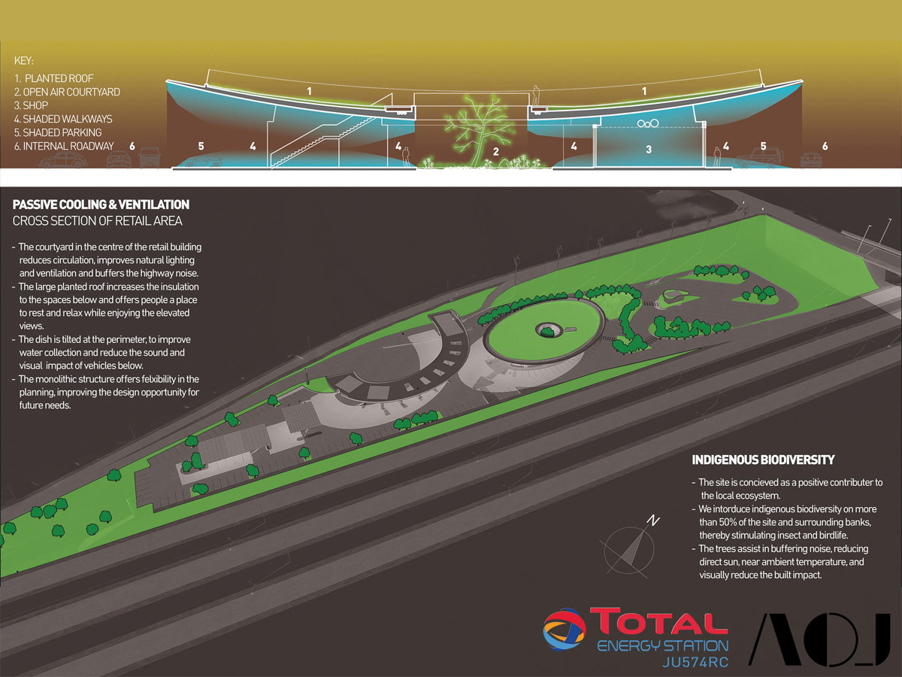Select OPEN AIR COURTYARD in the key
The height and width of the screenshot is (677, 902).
click(x=67, y=92)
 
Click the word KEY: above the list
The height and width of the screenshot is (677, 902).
click(x=24, y=61)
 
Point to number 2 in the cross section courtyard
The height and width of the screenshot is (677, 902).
click(x=495, y=152)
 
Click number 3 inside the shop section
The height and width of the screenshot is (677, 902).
click(x=648, y=150)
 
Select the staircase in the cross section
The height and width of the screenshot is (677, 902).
click(x=316, y=139)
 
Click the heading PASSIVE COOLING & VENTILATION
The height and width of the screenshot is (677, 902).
click(x=101, y=205)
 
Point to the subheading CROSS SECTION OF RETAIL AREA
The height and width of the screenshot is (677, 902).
click(x=98, y=220)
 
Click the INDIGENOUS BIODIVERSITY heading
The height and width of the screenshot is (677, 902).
click(x=763, y=460)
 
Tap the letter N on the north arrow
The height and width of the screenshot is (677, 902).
click(x=654, y=520)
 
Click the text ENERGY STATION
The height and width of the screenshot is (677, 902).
click(x=662, y=645)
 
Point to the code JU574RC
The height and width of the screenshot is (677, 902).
click(x=695, y=662)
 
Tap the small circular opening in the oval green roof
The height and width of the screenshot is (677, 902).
click(x=546, y=328)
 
